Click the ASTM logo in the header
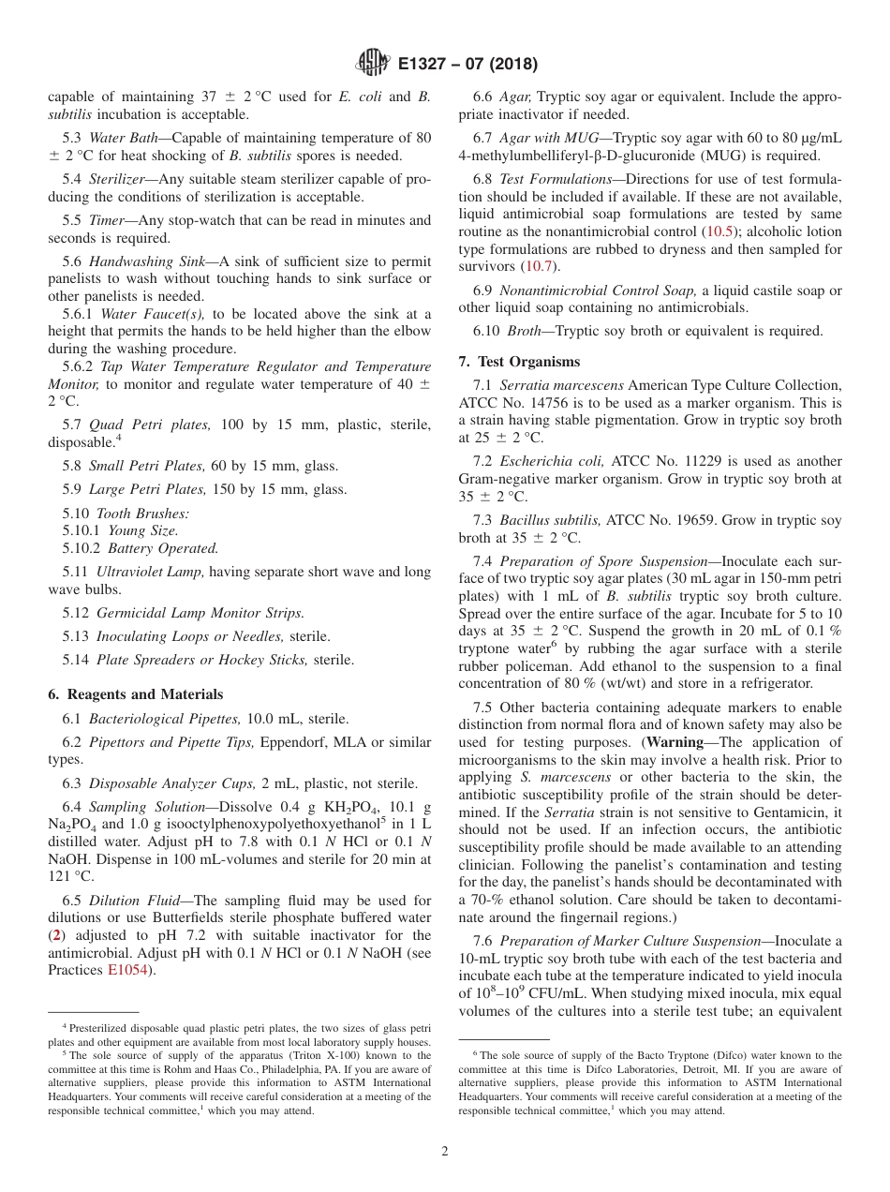[x=374, y=64]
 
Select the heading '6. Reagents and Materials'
[x=135, y=694]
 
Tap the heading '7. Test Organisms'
[x=519, y=362]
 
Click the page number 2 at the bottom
[x=445, y=1151]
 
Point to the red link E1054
[x=127, y=970]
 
